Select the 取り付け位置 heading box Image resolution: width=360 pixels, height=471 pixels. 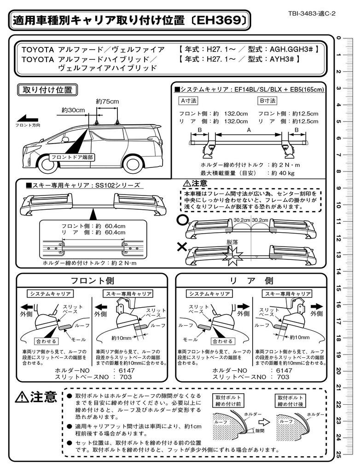(47, 90)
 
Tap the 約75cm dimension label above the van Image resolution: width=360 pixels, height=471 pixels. (107, 101)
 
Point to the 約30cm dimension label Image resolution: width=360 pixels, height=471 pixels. (73, 110)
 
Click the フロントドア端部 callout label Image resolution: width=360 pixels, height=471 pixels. (71, 157)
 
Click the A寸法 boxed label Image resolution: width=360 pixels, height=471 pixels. (188, 100)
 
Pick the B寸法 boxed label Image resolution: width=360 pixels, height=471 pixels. (268, 100)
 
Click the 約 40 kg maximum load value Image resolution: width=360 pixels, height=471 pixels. (283, 173)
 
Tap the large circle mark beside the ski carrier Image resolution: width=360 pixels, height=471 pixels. (182, 220)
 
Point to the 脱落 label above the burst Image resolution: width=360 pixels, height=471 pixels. (232, 241)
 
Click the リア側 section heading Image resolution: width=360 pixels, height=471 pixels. (251, 281)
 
